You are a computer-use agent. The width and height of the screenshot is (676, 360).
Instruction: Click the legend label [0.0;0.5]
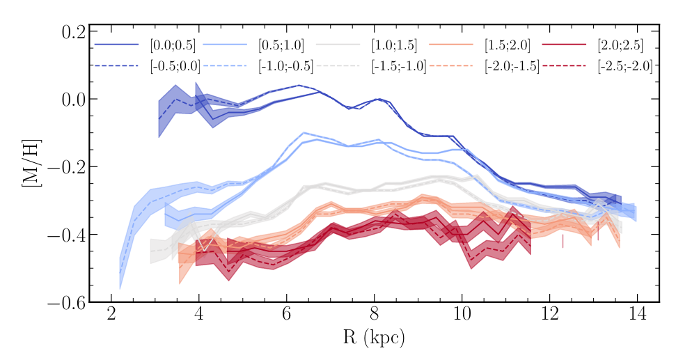click(x=173, y=46)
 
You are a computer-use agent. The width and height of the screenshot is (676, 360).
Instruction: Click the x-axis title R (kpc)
click(x=375, y=338)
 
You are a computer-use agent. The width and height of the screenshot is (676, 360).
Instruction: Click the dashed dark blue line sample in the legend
click(x=116, y=66)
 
